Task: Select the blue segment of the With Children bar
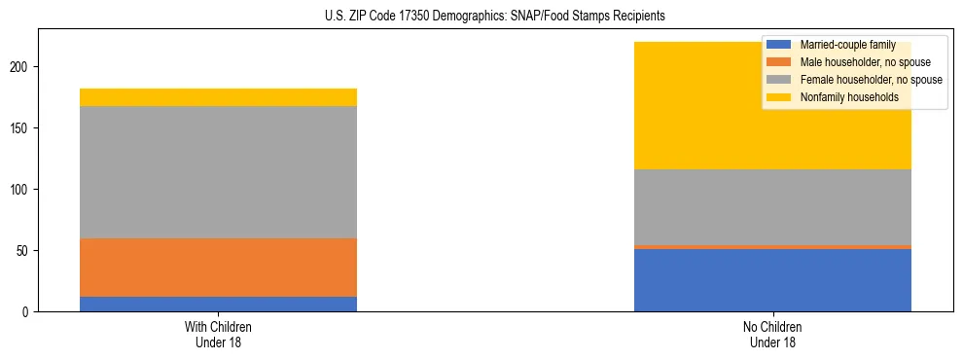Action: tap(218, 304)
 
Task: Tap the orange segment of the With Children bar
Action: tap(218, 268)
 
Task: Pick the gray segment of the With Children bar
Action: tap(218, 172)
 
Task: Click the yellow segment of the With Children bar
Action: tap(218, 97)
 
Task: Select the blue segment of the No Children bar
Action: tap(772, 280)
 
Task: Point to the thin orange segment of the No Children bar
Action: tap(772, 247)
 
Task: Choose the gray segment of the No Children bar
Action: tap(772, 207)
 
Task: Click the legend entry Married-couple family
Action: tap(847, 45)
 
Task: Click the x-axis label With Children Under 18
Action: tap(218, 334)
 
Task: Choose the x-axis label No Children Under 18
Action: tap(772, 334)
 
